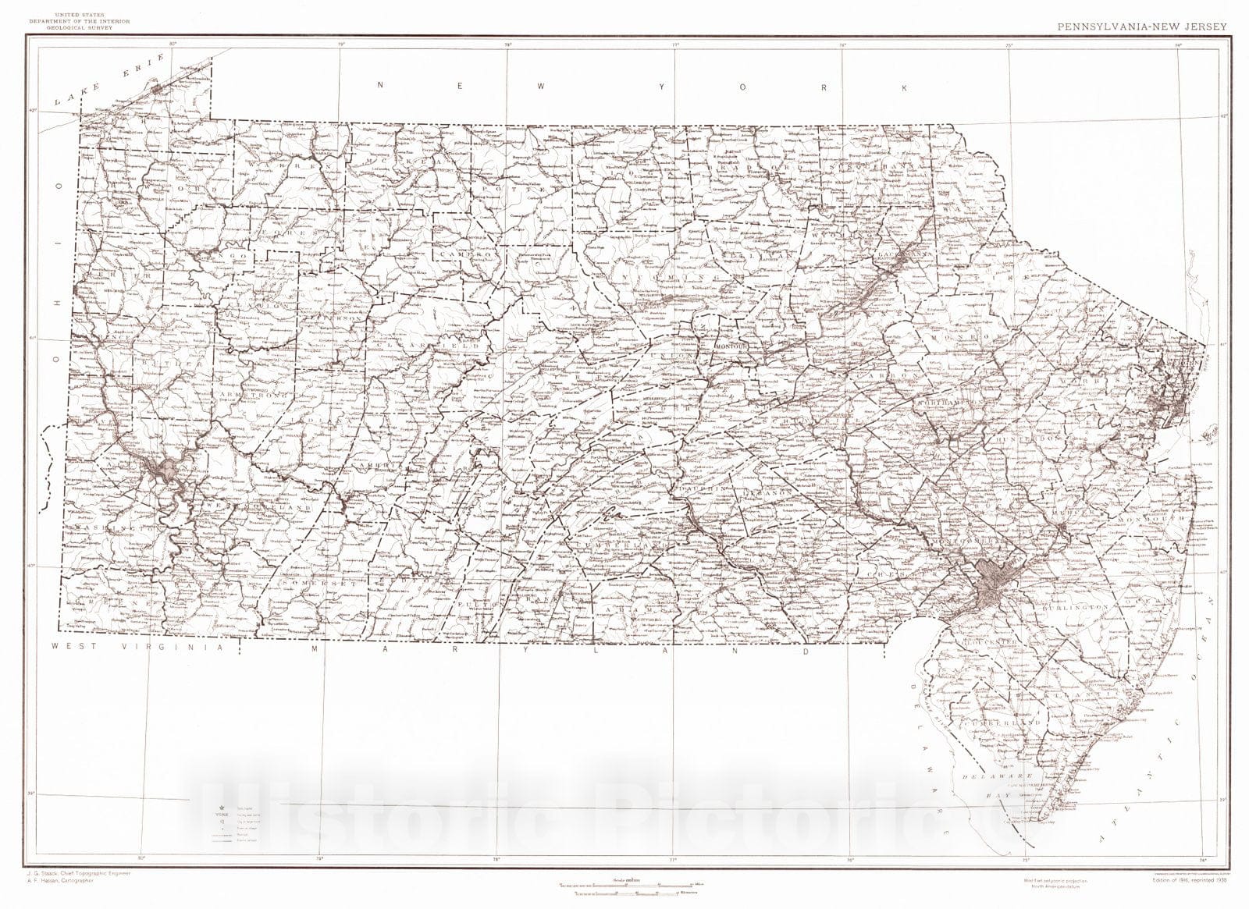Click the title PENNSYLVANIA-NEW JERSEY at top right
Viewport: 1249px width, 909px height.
tap(1142, 26)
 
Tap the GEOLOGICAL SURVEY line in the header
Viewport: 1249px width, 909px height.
tap(69, 27)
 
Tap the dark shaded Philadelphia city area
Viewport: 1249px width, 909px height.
tap(986, 581)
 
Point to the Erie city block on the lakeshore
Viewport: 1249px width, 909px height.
tap(159, 89)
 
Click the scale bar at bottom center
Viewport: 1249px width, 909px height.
tap(624, 884)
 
